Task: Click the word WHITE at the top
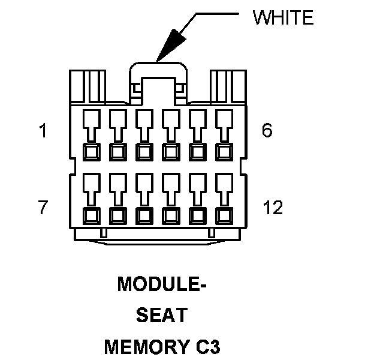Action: (x=283, y=18)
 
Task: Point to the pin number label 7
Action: (x=43, y=208)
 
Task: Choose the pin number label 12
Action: (x=273, y=208)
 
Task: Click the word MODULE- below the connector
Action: (x=162, y=283)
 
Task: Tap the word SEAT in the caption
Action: (x=161, y=314)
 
